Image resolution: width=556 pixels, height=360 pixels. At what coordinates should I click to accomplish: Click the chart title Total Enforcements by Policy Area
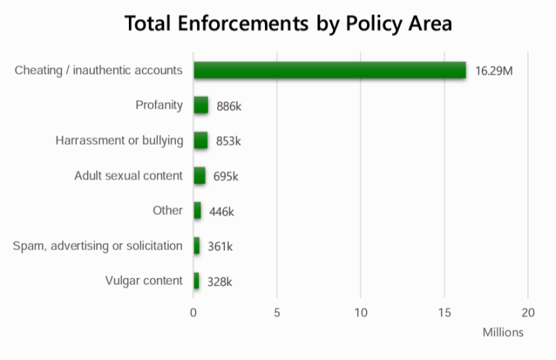coord(288,23)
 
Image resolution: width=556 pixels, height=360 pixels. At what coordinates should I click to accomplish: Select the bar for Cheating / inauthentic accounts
coord(329,70)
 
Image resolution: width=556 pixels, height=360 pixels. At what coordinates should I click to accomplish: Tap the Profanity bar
coord(201,106)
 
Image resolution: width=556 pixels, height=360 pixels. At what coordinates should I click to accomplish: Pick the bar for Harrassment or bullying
coord(201,141)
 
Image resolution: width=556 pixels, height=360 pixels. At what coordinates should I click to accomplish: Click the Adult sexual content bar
coord(199,175)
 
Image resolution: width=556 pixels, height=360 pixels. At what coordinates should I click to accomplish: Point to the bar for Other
coord(197,211)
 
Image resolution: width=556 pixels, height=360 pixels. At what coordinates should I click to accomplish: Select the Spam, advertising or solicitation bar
coord(196,246)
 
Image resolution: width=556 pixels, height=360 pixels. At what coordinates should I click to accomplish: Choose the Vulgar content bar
coord(196,281)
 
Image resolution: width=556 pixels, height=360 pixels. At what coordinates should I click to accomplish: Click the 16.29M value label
coord(494,71)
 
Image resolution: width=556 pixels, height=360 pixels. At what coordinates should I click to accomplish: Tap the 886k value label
coord(229,106)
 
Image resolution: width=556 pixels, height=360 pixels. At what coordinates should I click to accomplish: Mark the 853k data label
coord(228,141)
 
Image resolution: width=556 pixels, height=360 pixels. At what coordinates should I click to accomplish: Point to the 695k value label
coord(226,176)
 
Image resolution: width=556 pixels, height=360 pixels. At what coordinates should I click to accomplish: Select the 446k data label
coord(222,212)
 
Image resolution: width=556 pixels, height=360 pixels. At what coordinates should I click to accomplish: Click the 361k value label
coord(220,246)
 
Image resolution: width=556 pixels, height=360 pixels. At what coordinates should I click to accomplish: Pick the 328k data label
coord(219,282)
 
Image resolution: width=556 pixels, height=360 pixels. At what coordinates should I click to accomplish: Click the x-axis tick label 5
coord(277,313)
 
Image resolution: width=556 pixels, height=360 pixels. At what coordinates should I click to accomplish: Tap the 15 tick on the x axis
coord(444,313)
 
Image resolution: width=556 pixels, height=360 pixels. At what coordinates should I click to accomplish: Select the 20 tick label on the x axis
coord(528,313)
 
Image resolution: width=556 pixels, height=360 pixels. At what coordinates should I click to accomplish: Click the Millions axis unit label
coord(502,332)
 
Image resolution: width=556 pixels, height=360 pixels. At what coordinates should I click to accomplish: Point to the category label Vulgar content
coord(143,281)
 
